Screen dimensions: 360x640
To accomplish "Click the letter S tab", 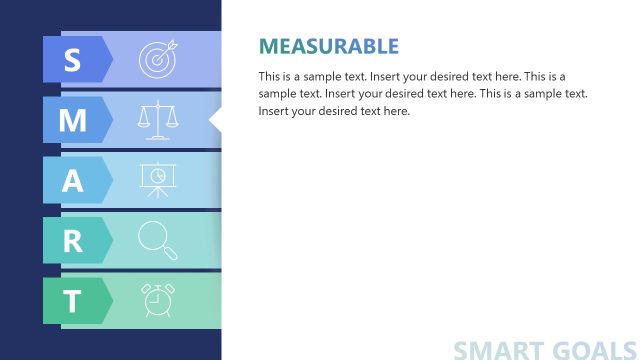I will coord(73,60).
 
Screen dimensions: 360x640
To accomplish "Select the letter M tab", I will coord(73,120).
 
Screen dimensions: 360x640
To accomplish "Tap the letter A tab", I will coord(73,180).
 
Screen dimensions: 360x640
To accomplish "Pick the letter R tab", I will coord(73,240).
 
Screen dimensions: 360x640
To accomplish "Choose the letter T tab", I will coord(73,301).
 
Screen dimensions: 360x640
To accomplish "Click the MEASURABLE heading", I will coord(328,46).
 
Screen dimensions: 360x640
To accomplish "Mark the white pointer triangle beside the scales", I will coord(214,120).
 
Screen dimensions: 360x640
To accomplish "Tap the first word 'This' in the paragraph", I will coord(270,76).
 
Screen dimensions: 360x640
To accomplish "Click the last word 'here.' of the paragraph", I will coord(395,110).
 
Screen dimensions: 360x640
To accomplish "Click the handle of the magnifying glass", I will coord(169,251).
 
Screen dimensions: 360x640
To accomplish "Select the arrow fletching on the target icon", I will coord(169,46).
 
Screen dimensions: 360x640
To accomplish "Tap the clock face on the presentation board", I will coord(157,175).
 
